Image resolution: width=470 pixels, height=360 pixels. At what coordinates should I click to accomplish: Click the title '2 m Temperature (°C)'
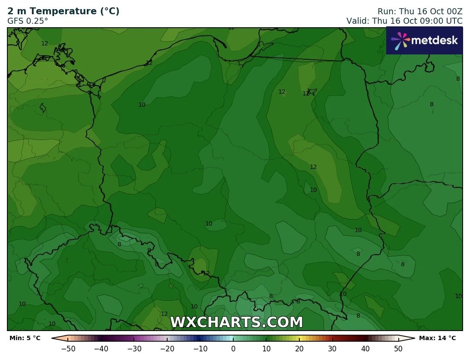click(x=64, y=11)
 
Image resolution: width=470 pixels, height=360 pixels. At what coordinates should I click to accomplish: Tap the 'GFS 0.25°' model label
click(x=28, y=21)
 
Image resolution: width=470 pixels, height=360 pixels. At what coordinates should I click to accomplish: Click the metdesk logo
click(x=424, y=41)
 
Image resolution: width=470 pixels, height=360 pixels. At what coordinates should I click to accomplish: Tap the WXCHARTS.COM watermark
click(x=236, y=322)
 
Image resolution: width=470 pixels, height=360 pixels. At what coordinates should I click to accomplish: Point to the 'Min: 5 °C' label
click(x=25, y=338)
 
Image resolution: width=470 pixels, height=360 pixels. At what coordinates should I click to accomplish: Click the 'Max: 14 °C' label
click(x=437, y=338)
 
